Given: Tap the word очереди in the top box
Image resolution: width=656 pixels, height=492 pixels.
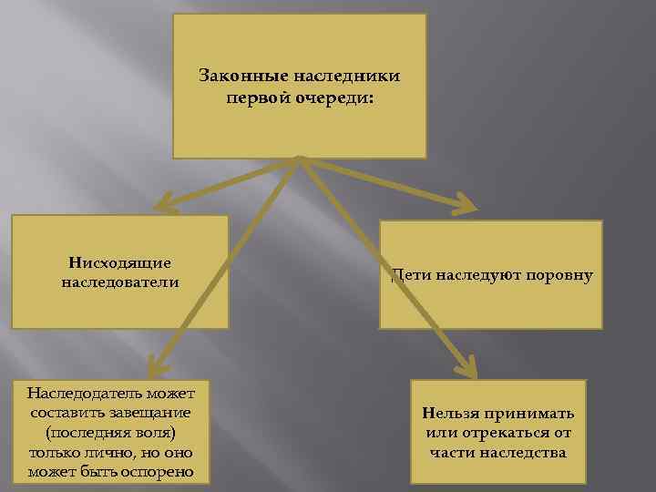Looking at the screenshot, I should (337, 97).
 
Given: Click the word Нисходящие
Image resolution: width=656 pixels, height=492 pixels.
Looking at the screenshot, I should (119, 262).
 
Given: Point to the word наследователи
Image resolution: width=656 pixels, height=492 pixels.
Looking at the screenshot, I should (119, 282).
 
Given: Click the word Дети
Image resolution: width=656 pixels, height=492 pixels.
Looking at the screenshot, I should (410, 273).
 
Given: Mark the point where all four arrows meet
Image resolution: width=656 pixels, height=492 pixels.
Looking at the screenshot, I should (300, 160).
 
